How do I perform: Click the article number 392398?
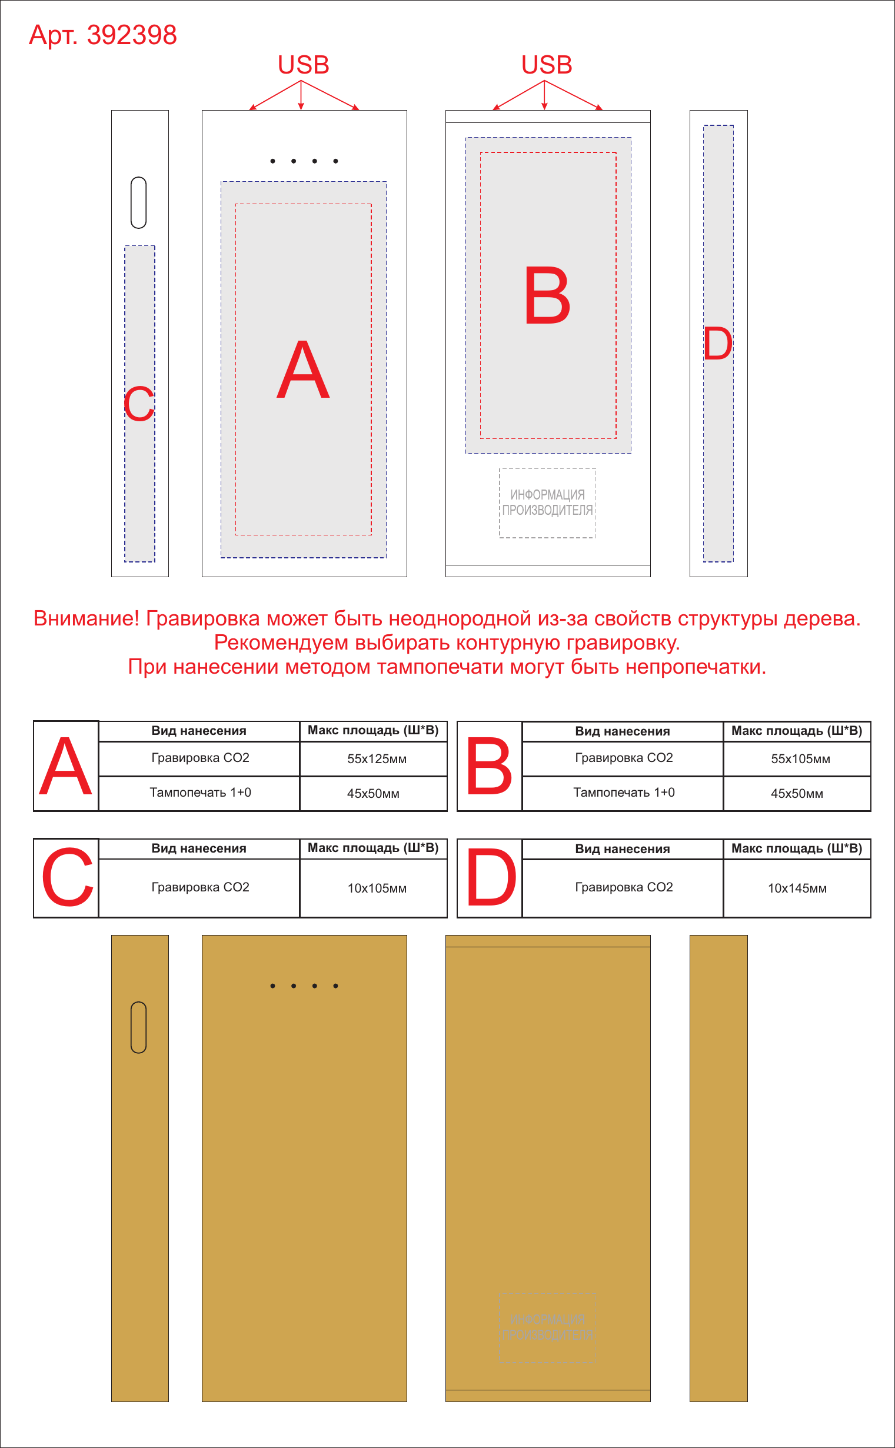click(x=131, y=35)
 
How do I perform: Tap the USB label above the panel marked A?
click(x=303, y=65)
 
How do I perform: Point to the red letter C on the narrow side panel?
click(x=139, y=404)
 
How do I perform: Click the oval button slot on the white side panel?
click(x=138, y=202)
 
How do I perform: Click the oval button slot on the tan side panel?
click(x=138, y=1027)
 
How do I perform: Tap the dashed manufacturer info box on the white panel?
click(x=548, y=503)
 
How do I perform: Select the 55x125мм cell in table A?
click(x=377, y=759)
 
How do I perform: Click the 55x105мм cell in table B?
click(x=800, y=759)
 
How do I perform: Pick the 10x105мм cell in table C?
click(x=377, y=888)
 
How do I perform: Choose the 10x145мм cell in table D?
click(x=797, y=888)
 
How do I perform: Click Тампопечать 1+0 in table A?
click(x=200, y=793)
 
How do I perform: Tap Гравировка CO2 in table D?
click(x=624, y=887)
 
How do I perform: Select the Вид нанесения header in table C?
click(x=199, y=848)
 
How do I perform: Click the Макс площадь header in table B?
click(x=797, y=731)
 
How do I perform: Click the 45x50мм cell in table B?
click(x=797, y=794)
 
